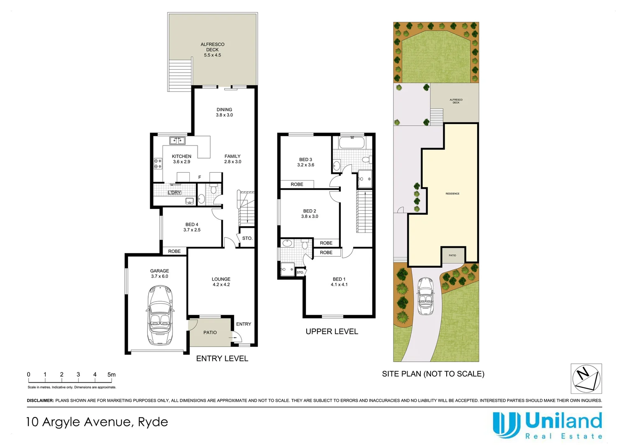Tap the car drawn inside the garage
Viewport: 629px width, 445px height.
[x=160, y=316]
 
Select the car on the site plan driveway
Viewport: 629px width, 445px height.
[x=426, y=296]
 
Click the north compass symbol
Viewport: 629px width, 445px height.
[x=586, y=378]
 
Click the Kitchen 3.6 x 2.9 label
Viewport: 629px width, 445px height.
[x=182, y=159]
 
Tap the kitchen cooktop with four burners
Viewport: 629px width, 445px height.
[x=158, y=164]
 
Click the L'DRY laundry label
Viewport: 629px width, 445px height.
[x=175, y=192]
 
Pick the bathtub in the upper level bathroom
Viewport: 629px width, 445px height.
[x=352, y=143]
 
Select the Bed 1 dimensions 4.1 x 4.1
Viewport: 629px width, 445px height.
[x=339, y=285]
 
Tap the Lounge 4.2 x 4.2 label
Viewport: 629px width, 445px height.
[x=221, y=282]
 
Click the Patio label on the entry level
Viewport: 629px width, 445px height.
[x=210, y=333]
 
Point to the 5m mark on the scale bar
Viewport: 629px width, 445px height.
[x=112, y=375]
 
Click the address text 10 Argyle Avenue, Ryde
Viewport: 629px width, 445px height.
[x=97, y=422]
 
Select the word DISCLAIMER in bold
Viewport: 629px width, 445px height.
[x=40, y=400]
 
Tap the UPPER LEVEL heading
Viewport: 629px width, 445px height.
[x=332, y=332]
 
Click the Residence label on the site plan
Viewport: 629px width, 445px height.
[x=452, y=194]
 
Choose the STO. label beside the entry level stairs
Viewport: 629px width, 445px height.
[x=247, y=239]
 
